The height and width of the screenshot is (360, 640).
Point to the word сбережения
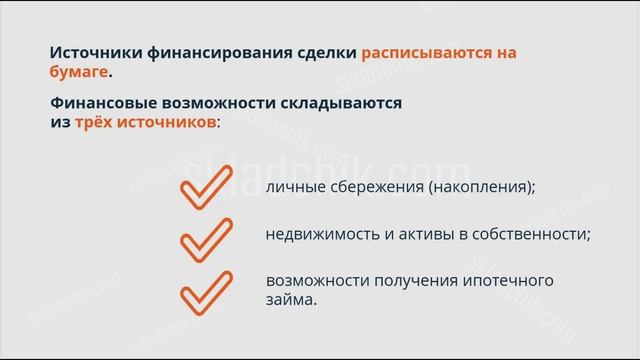click(369, 186)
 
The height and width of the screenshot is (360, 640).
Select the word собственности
click(532, 234)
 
